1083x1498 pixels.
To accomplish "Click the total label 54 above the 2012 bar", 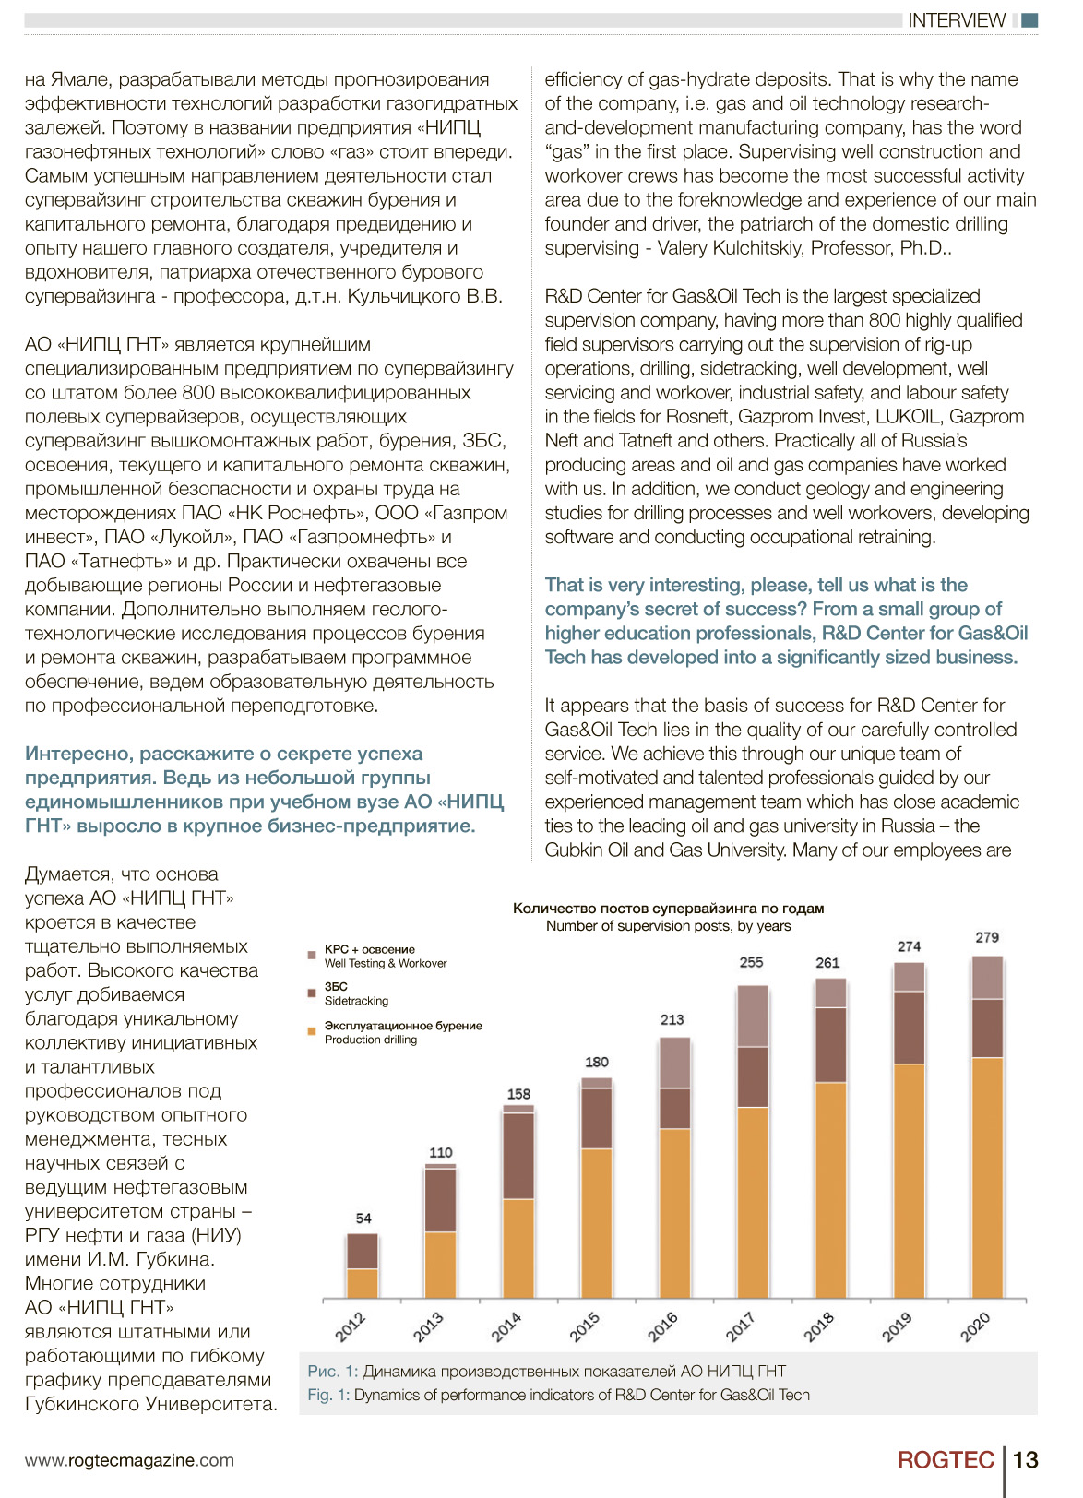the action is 363,1218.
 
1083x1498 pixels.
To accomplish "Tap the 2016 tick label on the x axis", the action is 662,1326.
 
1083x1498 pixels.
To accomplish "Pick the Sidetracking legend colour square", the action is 312,993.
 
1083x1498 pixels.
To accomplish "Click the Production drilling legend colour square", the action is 312,1031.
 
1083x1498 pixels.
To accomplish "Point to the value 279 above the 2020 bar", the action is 987,937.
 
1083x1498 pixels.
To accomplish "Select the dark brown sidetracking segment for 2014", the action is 518,1156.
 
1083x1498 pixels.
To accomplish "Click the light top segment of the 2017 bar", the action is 753,1016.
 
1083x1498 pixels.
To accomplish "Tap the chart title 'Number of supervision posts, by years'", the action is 668,926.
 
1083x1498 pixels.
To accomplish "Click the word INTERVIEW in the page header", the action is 957,20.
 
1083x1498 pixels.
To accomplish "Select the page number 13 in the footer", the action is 1026,1460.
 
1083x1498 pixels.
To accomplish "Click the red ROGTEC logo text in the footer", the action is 946,1460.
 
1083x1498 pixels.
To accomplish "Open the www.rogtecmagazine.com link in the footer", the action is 130,1460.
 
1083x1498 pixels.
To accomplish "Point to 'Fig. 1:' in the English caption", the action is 328,1395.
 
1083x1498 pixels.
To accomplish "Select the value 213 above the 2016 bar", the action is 672,1020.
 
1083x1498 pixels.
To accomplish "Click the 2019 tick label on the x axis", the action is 897,1326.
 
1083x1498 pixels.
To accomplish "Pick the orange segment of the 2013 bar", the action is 441,1266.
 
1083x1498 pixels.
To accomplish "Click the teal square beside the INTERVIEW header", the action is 1030,20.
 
